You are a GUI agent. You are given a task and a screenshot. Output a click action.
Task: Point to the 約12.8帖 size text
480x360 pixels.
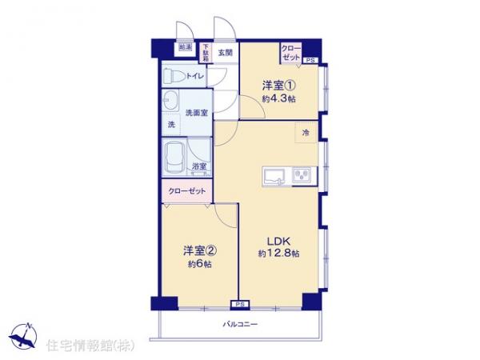pos(278,253)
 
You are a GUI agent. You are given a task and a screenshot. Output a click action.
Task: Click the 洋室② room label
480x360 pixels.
pos(200,250)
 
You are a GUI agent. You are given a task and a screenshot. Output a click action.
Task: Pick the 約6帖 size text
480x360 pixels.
pos(200,263)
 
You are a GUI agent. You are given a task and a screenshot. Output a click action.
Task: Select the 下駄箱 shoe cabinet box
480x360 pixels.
pos(206,51)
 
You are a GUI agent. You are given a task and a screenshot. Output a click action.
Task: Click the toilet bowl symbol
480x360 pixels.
pos(172,77)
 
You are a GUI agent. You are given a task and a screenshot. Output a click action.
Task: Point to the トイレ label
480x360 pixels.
pos(194,77)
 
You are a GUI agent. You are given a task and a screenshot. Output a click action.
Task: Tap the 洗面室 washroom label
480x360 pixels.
pos(196,114)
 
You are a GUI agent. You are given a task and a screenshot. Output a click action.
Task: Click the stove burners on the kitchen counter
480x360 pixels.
pos(304,177)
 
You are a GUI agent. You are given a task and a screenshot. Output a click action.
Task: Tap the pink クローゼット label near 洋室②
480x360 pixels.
pos(187,191)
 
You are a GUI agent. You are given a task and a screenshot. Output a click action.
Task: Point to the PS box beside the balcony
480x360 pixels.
pos(239,304)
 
